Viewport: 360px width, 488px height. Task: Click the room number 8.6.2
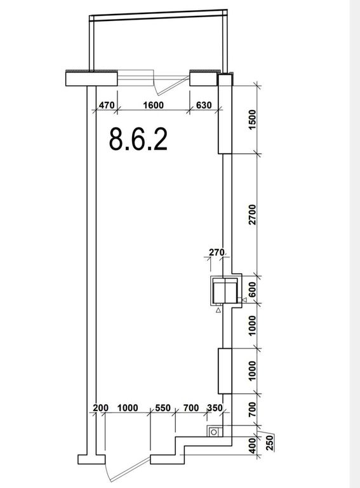(x=138, y=139)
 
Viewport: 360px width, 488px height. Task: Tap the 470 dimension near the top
(x=107, y=105)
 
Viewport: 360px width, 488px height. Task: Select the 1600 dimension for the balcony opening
(x=153, y=105)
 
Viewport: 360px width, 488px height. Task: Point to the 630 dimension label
(x=204, y=105)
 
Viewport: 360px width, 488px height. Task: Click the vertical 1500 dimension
(x=253, y=120)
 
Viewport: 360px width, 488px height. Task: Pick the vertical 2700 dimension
(x=253, y=214)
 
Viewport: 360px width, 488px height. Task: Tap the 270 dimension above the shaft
(x=217, y=252)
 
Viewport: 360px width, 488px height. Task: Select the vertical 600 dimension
(x=253, y=290)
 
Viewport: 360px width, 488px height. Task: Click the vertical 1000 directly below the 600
(x=253, y=325)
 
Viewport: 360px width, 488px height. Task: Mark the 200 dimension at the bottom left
(x=101, y=408)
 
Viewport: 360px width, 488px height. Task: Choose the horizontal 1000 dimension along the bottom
(x=128, y=408)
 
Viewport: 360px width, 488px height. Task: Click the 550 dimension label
(x=163, y=408)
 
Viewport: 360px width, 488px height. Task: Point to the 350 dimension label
(x=215, y=408)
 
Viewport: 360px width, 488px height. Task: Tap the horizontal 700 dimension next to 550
(x=191, y=408)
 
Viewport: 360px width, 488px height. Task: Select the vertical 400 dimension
(x=253, y=445)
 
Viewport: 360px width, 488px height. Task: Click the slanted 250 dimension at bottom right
(x=270, y=442)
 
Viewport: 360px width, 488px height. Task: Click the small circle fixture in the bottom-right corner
(x=214, y=432)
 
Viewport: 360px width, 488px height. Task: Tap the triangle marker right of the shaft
(x=244, y=300)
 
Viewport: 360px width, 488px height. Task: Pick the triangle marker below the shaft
(x=218, y=309)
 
